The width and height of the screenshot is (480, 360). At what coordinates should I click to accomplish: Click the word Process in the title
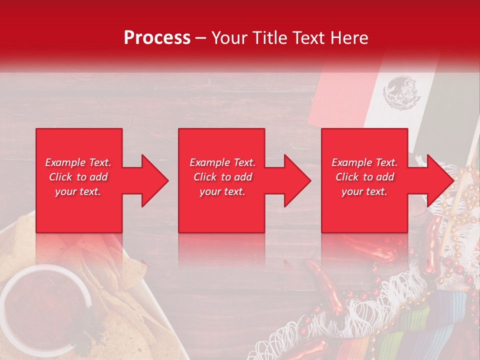[x=157, y=38]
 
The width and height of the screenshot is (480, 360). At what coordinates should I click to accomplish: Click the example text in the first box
[x=78, y=177]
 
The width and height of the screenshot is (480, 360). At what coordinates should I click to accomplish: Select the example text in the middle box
[x=222, y=177]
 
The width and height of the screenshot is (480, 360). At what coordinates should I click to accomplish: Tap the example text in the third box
[x=364, y=177]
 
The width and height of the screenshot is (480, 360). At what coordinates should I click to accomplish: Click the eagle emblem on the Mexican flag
[x=399, y=92]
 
